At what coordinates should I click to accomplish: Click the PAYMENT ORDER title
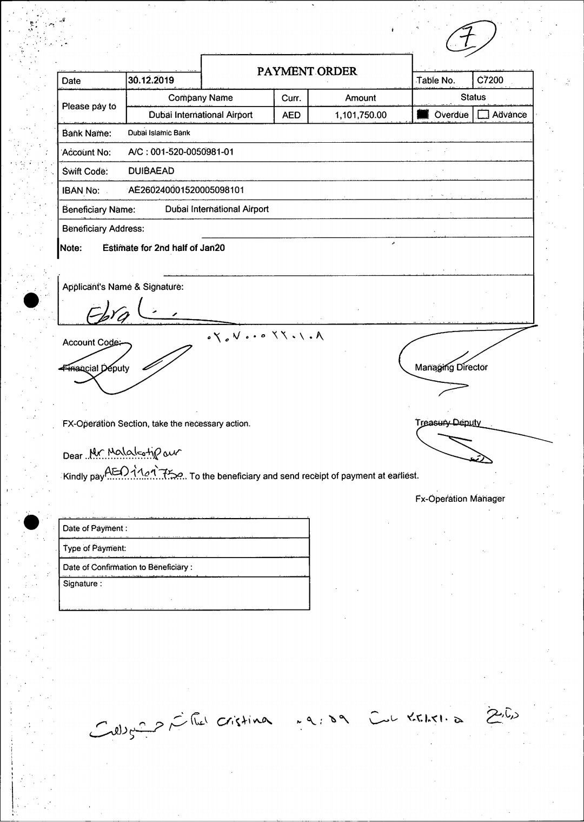307,71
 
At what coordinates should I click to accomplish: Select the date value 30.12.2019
151,81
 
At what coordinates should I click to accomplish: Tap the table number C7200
490,80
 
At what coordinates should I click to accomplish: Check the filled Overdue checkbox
423,115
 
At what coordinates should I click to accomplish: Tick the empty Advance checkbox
483,115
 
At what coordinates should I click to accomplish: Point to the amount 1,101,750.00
360,115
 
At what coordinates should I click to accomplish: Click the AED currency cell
291,115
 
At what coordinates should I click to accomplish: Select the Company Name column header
200,98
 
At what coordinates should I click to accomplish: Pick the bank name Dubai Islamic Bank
159,132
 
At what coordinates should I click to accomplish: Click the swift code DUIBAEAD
151,171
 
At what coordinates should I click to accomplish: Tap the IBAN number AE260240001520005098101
186,190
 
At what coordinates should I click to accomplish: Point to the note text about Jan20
163,248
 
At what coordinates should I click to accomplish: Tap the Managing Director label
451,367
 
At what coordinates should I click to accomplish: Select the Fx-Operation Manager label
460,499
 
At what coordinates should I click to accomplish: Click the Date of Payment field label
95,528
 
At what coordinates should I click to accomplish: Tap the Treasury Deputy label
448,422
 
